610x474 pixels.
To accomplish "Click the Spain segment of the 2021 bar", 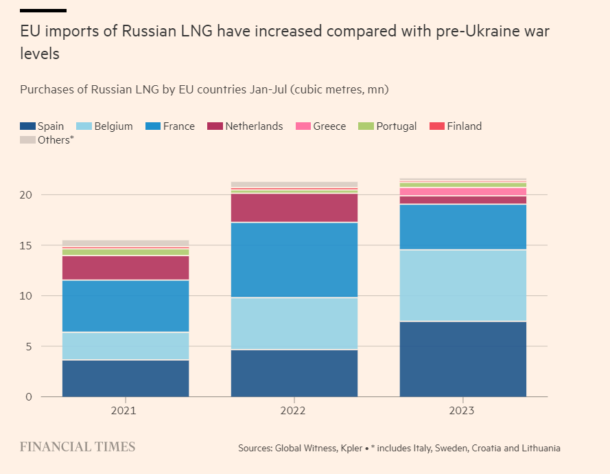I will (126, 378).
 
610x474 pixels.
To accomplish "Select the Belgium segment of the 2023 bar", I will (463, 285).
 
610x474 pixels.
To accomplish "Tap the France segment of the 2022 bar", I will (294, 260).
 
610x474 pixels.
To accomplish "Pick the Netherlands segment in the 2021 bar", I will (126, 268).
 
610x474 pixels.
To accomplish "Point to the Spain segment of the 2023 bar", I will (463, 359).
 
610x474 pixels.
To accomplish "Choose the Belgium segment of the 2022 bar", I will (294, 324).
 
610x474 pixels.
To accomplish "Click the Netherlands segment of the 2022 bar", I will (294, 208).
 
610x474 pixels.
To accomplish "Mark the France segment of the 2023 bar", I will (463, 227).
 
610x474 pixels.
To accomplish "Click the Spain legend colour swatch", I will (27, 126).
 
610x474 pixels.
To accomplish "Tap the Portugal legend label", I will (397, 126).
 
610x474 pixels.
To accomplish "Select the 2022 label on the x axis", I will (294, 411).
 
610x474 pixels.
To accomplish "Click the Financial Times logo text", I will (78, 447).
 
